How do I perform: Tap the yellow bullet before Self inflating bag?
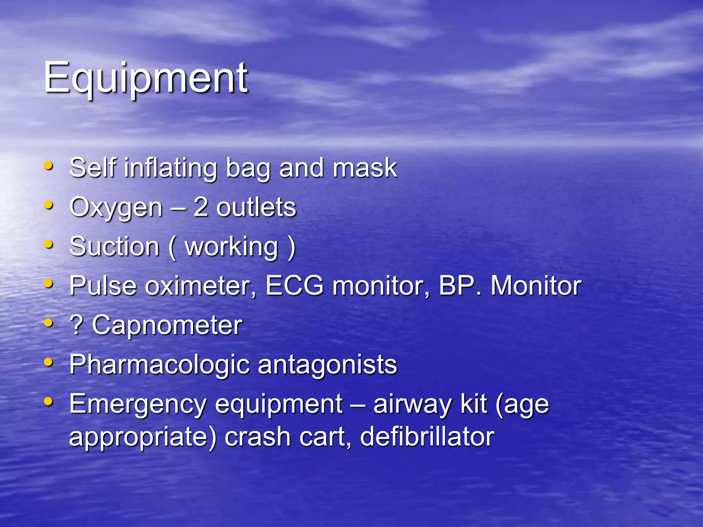49,166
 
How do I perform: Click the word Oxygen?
116,208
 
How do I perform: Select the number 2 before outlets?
200,207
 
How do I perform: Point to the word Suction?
114,247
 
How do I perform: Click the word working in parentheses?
231,248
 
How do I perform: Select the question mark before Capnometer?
76,325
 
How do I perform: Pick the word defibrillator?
427,436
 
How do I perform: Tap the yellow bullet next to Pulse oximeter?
49,284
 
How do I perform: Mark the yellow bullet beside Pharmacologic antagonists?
49,362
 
